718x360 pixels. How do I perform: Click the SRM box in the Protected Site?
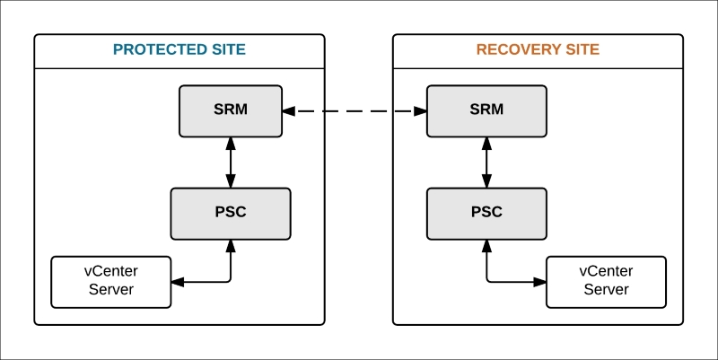(231, 110)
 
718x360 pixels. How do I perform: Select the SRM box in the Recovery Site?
(486, 110)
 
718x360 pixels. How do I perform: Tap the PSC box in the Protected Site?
(231, 213)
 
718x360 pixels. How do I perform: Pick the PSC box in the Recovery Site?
(486, 213)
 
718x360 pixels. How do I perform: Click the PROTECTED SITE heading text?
(179, 49)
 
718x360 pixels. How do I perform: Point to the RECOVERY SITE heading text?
(538, 49)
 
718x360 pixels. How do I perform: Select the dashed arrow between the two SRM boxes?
(354, 111)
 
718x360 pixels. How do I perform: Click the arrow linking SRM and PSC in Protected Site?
(232, 162)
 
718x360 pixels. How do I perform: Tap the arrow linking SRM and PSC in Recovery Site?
(487, 162)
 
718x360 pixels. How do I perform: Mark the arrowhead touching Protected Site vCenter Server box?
(177, 282)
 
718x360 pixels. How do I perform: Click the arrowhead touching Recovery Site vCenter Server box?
(540, 282)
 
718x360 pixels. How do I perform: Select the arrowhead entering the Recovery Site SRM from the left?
(420, 111)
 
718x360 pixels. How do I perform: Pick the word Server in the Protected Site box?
(110, 289)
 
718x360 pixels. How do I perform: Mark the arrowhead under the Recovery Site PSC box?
(487, 244)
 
